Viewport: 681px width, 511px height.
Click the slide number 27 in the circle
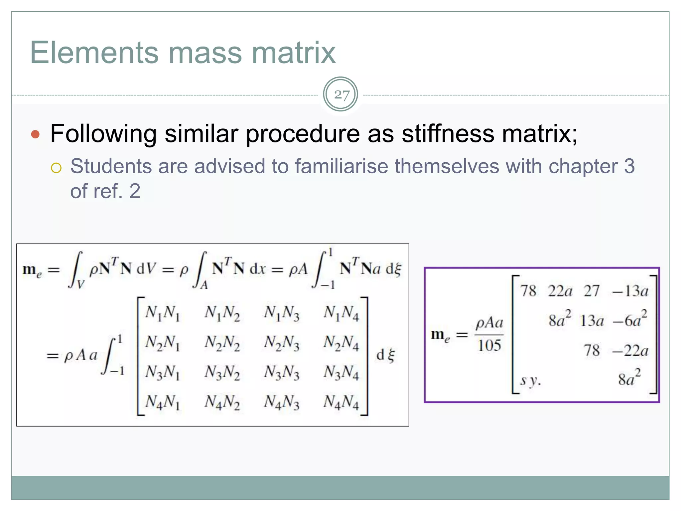[x=341, y=95]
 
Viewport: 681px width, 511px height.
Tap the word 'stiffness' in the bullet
[x=448, y=134]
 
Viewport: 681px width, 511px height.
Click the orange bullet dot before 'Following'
[x=35, y=134]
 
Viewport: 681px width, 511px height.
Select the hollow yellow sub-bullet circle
[x=56, y=168]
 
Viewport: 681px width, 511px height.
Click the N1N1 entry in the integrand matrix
[x=162, y=313]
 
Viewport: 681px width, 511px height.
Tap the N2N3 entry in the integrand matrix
[x=282, y=343]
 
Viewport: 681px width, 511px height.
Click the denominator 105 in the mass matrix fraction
[x=489, y=346]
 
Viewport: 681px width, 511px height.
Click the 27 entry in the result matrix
[x=592, y=291]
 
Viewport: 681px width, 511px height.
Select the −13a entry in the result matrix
[x=630, y=291]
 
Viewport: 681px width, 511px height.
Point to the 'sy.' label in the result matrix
[x=530, y=380]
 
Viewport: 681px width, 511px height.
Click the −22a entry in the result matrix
[x=630, y=351]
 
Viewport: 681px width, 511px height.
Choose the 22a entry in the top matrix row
[x=560, y=291]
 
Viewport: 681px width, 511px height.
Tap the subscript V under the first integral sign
[x=80, y=284]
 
